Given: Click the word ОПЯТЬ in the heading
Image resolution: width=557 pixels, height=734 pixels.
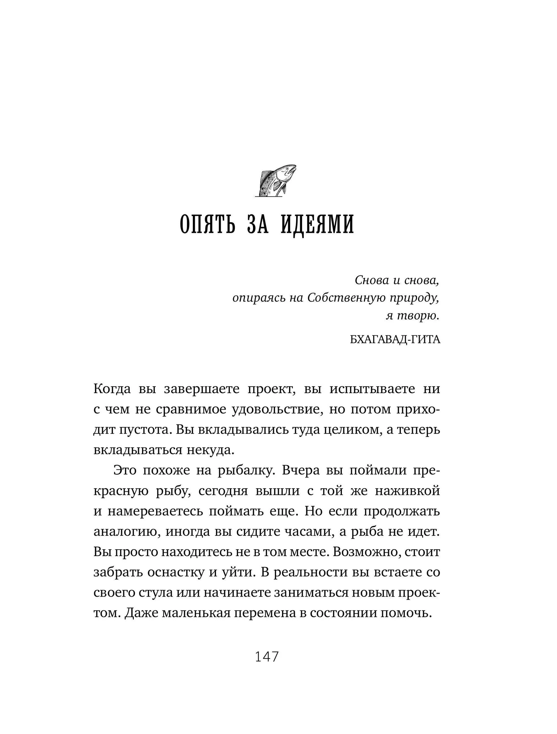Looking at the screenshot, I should (x=207, y=225).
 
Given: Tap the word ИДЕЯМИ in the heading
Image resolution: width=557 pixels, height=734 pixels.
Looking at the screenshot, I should (x=318, y=225).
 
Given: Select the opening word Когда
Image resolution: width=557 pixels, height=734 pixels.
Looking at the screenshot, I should (x=112, y=389).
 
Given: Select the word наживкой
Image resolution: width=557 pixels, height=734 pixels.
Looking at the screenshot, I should (x=407, y=491).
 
